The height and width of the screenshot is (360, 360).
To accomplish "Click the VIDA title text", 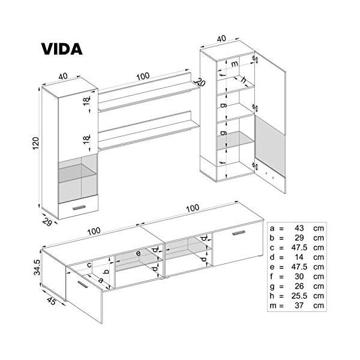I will point(61,48).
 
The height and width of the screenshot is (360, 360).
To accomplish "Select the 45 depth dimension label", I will point(51,302).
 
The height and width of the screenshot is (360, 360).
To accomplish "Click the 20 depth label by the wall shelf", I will point(200,83).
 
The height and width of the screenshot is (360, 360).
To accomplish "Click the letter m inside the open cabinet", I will point(234,64).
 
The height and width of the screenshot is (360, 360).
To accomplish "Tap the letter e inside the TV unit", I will point(138,254).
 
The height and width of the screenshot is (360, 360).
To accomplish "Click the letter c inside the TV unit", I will point(89,265).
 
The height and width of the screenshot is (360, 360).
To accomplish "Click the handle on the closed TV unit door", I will point(239,232).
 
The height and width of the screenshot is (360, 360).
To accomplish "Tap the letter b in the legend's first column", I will point(273,239).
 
